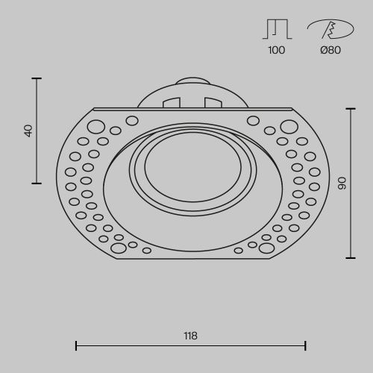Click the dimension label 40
pyautogui.click(x=28, y=130)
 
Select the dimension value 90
pyautogui.click(x=342, y=183)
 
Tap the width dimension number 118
pyautogui.click(x=190, y=336)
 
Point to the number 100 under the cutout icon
pyautogui.click(x=277, y=51)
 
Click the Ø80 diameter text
pyautogui.click(x=330, y=51)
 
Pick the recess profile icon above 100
pyautogui.click(x=277, y=28)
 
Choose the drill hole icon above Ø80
pyautogui.click(x=330, y=28)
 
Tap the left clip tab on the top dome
pyautogui.click(x=172, y=102)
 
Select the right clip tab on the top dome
pyautogui.click(x=213, y=102)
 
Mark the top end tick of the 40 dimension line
pyautogui.click(x=37, y=78)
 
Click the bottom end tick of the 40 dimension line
pyautogui.click(x=37, y=183)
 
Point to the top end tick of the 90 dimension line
pyautogui.click(x=351, y=108)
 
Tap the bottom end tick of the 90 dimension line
pyautogui.click(x=351, y=258)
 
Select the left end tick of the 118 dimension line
pyautogui.click(x=76, y=345)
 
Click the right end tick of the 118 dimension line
pyautogui.click(x=305, y=345)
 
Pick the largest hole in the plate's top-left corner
pyautogui.click(x=96, y=126)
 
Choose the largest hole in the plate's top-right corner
pyautogui.click(x=289, y=126)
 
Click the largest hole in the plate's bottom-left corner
pyautogui.click(x=118, y=248)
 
